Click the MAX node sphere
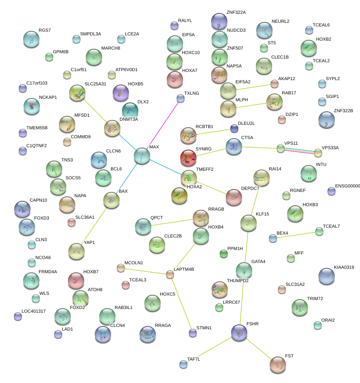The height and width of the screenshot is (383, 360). [142, 156]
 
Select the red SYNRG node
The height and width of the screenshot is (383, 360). [188, 157]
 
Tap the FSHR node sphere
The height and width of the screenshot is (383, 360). [239, 332]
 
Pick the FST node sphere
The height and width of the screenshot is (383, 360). [278, 365]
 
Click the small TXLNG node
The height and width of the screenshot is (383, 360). [181, 98]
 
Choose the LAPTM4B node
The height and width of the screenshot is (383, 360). [170, 275]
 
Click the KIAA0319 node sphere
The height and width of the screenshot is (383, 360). [326, 276]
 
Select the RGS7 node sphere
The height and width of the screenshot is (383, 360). [31, 39]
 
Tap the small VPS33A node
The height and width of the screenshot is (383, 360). [318, 153]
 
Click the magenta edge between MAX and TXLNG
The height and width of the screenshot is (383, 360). [161, 126]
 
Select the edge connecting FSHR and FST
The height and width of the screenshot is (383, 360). [258, 348]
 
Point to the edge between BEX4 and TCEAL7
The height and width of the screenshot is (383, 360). [296, 235]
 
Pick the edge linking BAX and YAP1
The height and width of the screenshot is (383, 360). [94, 226]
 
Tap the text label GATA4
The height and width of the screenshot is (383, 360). [258, 261]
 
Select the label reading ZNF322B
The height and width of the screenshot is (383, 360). [343, 111]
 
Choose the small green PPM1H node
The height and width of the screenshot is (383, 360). [223, 254]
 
